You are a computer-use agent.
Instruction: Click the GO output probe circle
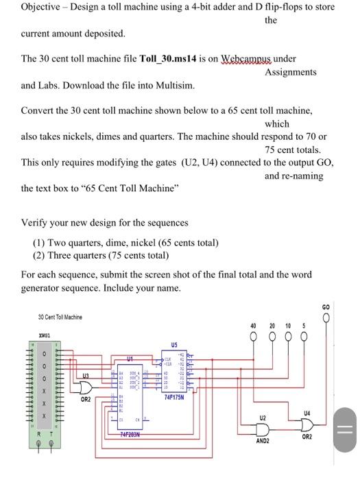point(326,317)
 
